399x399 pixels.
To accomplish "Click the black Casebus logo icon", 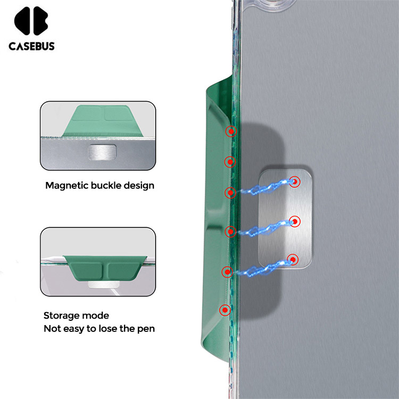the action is click(31, 21).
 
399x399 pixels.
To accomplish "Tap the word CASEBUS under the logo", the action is click(31, 46).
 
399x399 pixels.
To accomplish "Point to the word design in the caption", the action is click(139, 186).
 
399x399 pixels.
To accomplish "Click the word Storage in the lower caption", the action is click(61, 316).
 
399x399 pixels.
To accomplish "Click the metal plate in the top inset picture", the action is click(102, 152).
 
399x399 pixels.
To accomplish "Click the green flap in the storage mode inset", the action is click(105, 268).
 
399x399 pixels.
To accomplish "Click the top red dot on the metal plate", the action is click(295, 182).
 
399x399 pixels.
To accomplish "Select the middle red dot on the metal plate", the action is click(295, 222).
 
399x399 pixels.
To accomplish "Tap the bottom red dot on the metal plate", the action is click(293, 260).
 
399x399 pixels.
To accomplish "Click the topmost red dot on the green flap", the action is click(231, 131).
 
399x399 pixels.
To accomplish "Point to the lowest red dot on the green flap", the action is click(225, 310).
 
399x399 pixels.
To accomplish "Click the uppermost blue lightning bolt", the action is click(264, 188).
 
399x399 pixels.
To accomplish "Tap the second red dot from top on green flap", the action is click(230, 162).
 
